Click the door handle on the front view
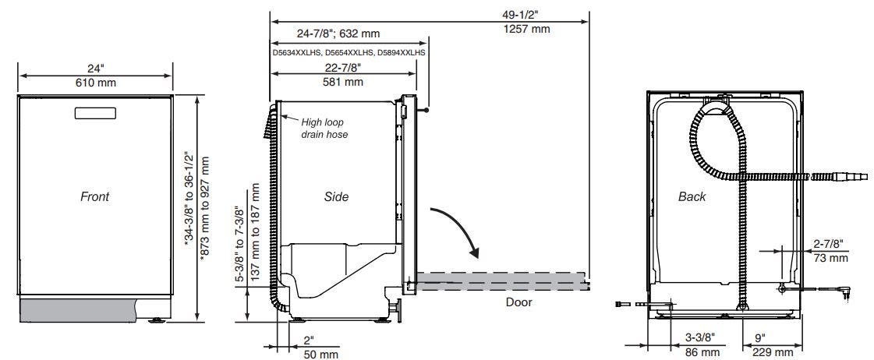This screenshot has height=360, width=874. click(x=95, y=112)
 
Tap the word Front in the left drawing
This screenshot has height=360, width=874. click(x=95, y=196)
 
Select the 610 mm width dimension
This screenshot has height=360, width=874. click(x=95, y=83)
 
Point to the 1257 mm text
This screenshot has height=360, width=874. click(x=527, y=30)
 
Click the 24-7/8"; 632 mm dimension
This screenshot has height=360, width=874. click(x=338, y=34)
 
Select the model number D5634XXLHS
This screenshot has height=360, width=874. click(x=296, y=53)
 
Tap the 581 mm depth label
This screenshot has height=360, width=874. click(x=343, y=82)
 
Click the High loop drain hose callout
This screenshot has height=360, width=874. click(x=324, y=128)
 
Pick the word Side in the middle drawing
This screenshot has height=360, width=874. click(x=336, y=196)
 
